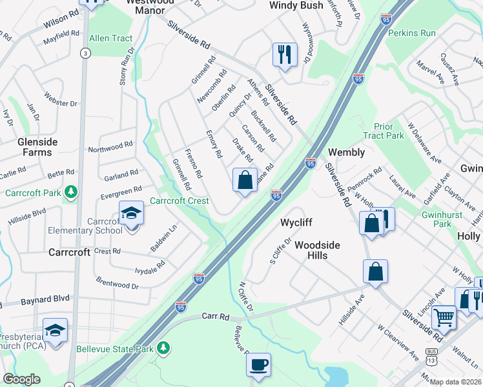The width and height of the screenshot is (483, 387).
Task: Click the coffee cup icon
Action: [x=258, y=365]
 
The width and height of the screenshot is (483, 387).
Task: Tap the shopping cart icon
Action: [x=444, y=317]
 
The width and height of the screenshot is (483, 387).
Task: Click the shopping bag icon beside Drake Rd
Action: [x=245, y=180]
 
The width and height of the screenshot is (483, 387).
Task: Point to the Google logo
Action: [x=21, y=379]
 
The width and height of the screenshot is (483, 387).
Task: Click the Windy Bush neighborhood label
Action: [x=296, y=5]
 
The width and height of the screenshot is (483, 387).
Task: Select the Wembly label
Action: [x=347, y=152]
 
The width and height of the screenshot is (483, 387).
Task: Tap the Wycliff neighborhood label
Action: [x=296, y=223]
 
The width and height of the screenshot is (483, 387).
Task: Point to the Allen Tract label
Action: [x=111, y=38]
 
